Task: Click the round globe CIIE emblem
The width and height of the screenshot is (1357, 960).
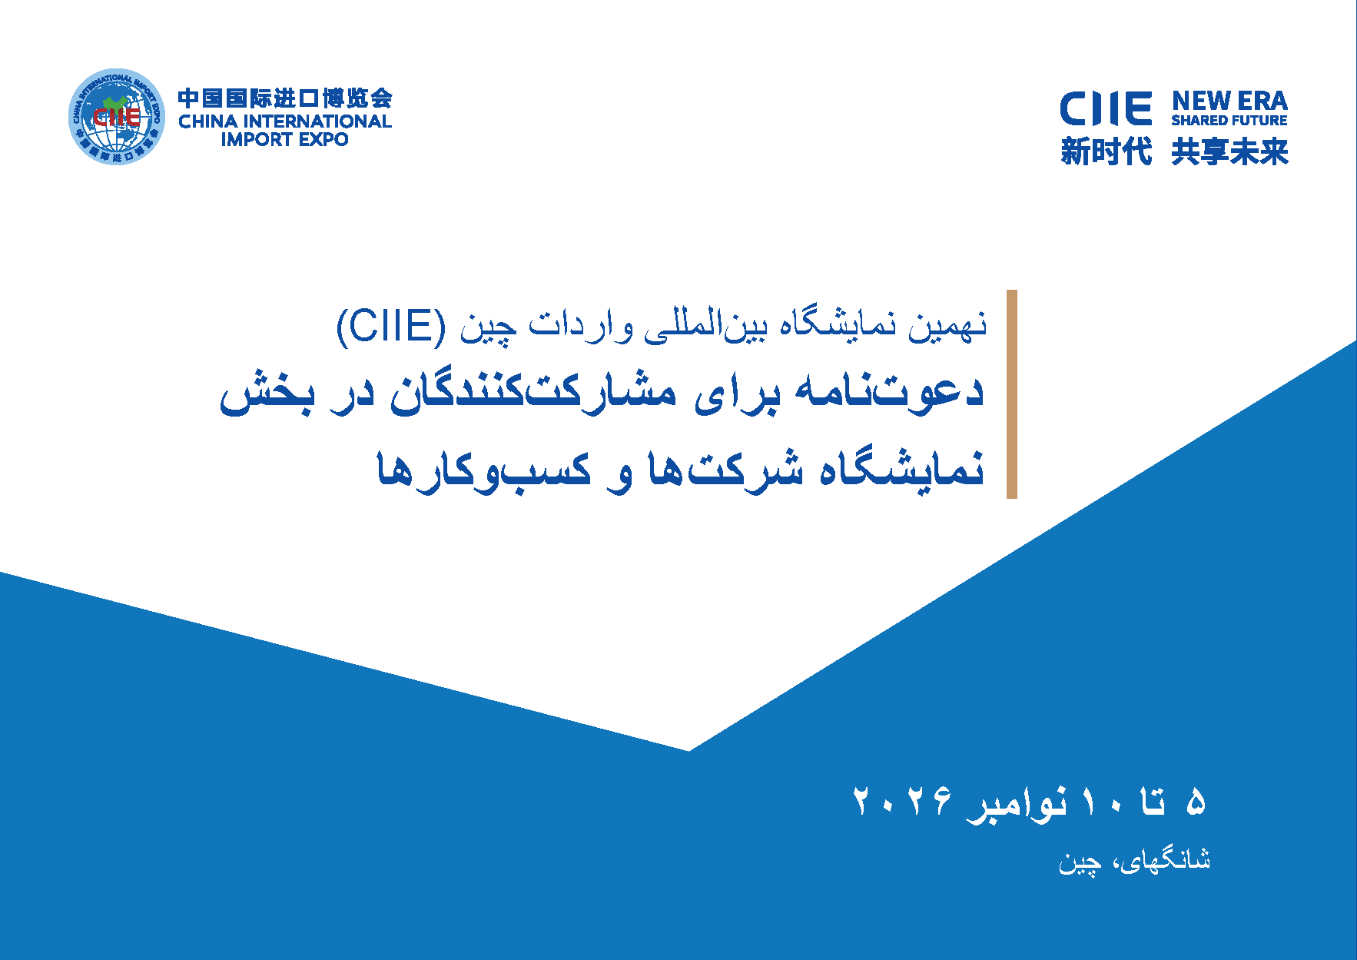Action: click(x=117, y=116)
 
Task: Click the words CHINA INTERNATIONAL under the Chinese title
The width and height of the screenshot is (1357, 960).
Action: click(x=285, y=121)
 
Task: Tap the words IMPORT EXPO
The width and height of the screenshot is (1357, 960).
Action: click(x=285, y=140)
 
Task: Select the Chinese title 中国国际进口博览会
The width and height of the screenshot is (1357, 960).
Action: click(x=285, y=98)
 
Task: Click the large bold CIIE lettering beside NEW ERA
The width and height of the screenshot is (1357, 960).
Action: click(x=1106, y=108)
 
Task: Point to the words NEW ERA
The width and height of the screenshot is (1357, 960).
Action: click(x=1229, y=101)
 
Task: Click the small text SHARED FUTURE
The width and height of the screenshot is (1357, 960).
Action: click(x=1229, y=121)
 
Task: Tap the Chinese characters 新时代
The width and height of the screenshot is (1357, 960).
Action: click(x=1107, y=151)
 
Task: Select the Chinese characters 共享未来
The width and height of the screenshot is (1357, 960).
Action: click(x=1229, y=151)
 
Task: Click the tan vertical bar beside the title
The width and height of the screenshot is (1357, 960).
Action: click(x=1012, y=394)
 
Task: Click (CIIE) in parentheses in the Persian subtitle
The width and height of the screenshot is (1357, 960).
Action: click(x=391, y=326)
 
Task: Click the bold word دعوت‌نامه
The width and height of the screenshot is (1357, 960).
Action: click(x=889, y=392)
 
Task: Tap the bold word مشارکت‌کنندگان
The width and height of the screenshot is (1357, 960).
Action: click(x=533, y=392)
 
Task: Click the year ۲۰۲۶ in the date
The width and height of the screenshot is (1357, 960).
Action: click(x=903, y=802)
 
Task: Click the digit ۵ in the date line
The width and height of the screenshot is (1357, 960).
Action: click(x=1196, y=802)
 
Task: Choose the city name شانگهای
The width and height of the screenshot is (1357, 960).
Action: click(x=1165, y=860)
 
